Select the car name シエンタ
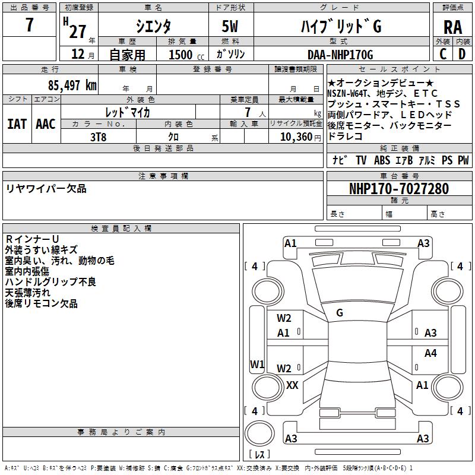click(x=153, y=27)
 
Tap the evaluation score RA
click(x=452, y=27)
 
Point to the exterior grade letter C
click(x=443, y=54)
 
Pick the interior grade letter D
click(x=462, y=54)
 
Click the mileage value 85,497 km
click(x=72, y=85)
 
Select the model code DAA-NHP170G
click(x=338, y=55)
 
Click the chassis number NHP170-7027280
click(x=398, y=189)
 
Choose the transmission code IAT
click(x=17, y=124)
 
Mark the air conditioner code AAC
click(x=45, y=124)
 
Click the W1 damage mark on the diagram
click(x=257, y=363)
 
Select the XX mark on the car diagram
click(x=292, y=385)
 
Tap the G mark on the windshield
click(x=340, y=312)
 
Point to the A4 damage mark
click(x=430, y=353)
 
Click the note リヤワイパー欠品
click(x=46, y=189)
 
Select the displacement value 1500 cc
click(x=185, y=55)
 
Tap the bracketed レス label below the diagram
click(x=259, y=455)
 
